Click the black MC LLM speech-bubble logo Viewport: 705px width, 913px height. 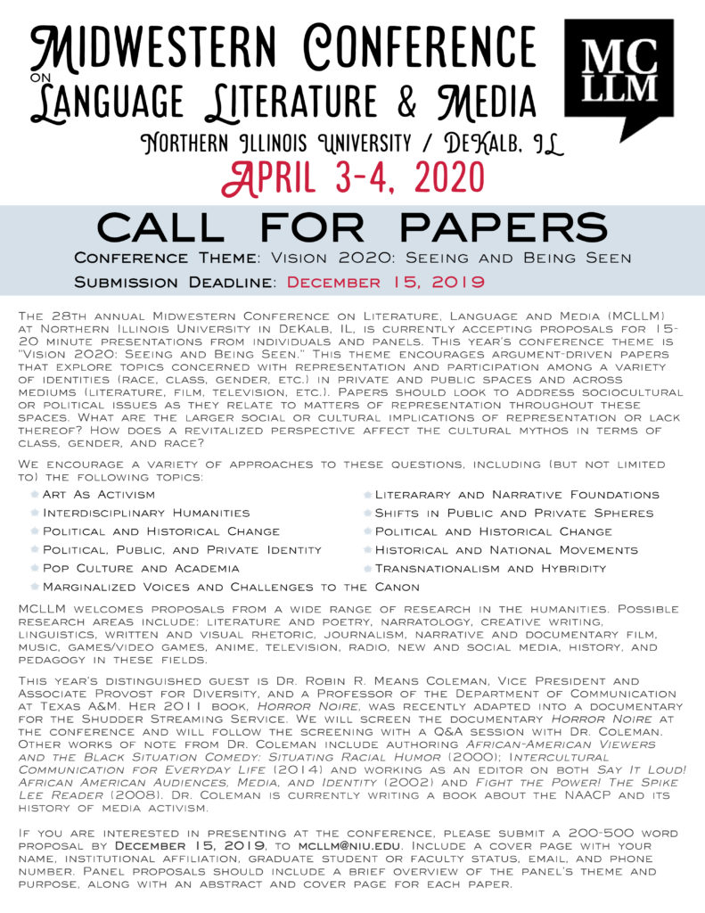point(620,77)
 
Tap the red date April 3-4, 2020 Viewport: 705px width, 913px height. point(352,177)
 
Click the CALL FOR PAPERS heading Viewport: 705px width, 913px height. point(352,227)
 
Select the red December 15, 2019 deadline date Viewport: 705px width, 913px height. point(386,282)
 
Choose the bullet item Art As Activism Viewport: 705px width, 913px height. point(98,494)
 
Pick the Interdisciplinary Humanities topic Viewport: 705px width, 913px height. point(145,513)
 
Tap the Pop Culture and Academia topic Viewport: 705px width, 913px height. point(140,568)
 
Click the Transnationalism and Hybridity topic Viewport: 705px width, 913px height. point(490,568)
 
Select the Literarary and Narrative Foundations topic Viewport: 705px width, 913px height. point(517,494)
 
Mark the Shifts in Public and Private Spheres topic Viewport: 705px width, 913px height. point(513,513)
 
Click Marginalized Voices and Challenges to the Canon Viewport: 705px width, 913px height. point(231,587)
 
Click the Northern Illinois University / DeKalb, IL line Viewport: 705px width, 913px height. point(352,143)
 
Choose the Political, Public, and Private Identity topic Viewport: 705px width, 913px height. point(182,549)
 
